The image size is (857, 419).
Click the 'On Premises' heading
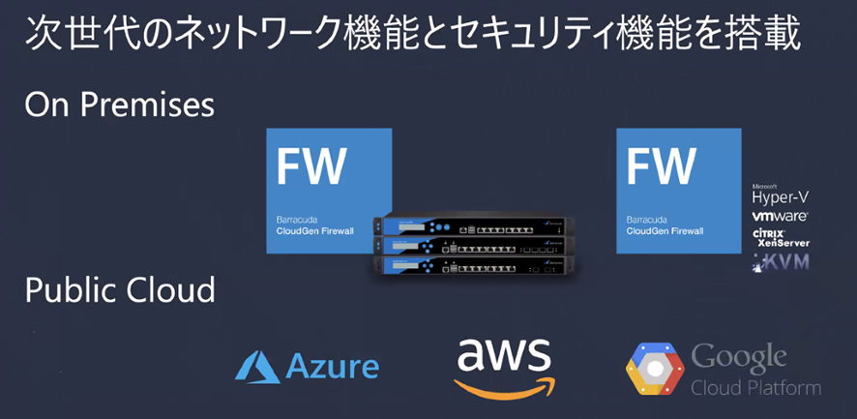[x=119, y=104]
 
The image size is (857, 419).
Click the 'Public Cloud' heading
[x=120, y=289]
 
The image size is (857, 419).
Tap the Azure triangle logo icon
[x=257, y=367]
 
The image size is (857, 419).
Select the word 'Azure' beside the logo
[x=333, y=368]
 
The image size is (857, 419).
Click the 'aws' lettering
[x=503, y=356]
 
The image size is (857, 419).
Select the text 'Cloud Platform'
[x=755, y=388]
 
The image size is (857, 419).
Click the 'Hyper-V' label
[x=781, y=197]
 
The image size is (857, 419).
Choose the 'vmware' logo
[x=780, y=217]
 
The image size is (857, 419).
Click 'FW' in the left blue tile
[x=310, y=166]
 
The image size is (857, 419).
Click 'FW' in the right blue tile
[x=661, y=166]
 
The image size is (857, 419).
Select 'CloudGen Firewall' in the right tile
[x=666, y=232]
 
